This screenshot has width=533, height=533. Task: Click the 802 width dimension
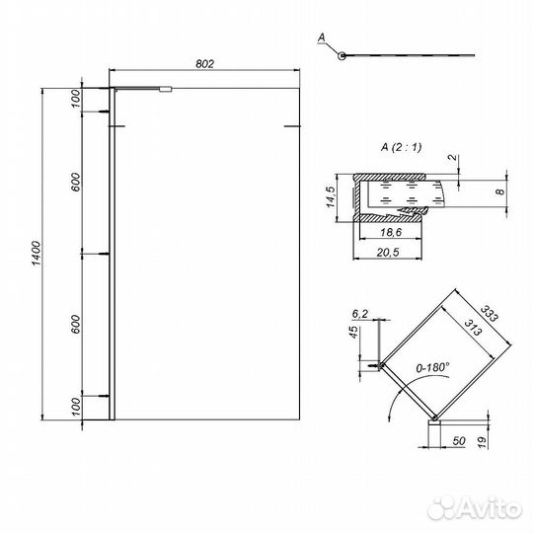click(x=204, y=63)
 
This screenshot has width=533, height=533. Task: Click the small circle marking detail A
click(x=342, y=55)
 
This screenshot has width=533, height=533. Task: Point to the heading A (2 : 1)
click(x=400, y=148)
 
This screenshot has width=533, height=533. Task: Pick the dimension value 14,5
click(x=333, y=197)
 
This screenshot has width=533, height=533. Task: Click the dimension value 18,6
click(x=388, y=233)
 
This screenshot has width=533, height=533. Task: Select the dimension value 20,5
click(x=390, y=253)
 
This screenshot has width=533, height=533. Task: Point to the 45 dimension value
click(x=351, y=333)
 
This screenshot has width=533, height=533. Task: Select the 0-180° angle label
click(x=431, y=366)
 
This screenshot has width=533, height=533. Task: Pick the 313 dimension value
click(x=472, y=330)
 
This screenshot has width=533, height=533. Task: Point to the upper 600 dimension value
click(x=77, y=184)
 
